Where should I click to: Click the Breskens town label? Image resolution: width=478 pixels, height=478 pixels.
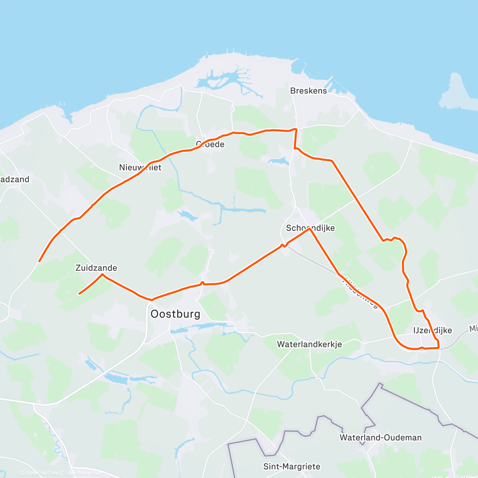[x=308, y=91]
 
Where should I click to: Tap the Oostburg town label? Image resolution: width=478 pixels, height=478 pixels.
[x=175, y=314]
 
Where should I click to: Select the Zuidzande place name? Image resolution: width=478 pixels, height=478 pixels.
[x=96, y=268]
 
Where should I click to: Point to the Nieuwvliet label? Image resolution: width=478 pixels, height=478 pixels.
[x=140, y=167]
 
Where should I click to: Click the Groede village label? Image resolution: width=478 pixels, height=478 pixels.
[x=210, y=144]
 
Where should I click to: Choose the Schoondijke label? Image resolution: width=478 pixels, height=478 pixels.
[x=310, y=228]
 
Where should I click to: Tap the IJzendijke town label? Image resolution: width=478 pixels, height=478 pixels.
[x=433, y=330]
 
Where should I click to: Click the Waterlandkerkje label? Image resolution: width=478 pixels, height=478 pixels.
[x=310, y=344]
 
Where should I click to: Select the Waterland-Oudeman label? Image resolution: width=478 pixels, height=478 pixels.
[x=380, y=437]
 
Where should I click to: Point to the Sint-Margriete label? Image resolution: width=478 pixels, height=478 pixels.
[x=292, y=466]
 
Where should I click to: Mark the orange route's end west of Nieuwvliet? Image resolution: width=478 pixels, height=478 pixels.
[x=39, y=261]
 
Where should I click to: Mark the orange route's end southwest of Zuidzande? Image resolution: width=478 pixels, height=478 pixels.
[x=80, y=294]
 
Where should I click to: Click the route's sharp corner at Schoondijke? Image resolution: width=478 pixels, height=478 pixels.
[x=310, y=229]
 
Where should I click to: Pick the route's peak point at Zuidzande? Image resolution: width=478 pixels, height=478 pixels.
[x=102, y=274]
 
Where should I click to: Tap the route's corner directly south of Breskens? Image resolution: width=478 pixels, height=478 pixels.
[x=296, y=129]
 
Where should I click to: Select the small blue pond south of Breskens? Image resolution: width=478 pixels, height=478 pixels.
[x=279, y=161]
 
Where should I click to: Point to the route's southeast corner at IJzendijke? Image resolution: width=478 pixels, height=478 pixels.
[x=439, y=348]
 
